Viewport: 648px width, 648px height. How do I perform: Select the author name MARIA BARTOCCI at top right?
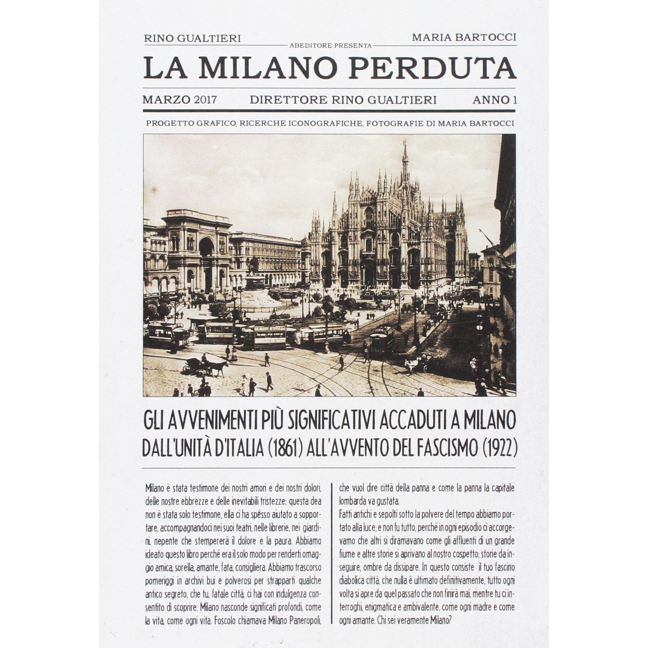(464, 37)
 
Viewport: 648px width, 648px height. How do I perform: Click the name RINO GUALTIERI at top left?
(192, 38)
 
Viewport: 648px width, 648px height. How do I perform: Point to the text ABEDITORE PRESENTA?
(330, 46)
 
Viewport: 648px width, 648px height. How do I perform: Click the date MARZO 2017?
(179, 100)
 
